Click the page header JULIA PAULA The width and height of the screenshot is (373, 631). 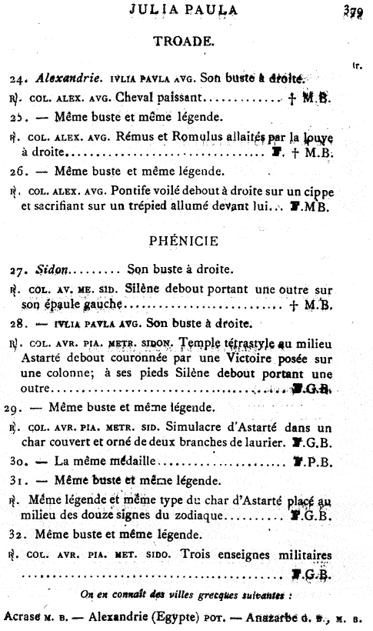pyautogui.click(x=183, y=10)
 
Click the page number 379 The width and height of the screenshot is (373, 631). pyautogui.click(x=355, y=11)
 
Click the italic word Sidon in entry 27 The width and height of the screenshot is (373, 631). pyautogui.click(x=52, y=269)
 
